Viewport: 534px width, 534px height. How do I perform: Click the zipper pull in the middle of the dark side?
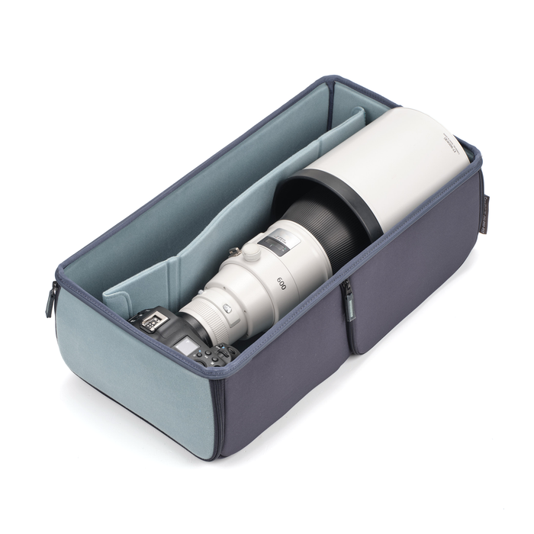pos(348,294)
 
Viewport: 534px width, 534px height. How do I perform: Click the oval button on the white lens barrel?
pos(227,308)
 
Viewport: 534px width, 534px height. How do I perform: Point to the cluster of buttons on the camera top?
pos(217,354)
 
